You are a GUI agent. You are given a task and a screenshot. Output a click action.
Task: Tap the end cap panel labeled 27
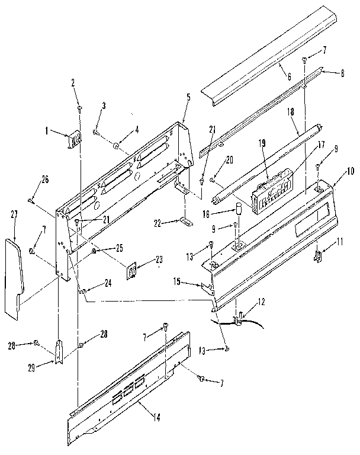(x=14, y=276)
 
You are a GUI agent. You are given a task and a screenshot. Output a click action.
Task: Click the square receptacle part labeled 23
(x=133, y=271)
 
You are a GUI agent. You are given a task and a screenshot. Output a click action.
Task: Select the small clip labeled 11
(x=318, y=256)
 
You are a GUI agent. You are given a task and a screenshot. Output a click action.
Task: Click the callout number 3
(x=103, y=105)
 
